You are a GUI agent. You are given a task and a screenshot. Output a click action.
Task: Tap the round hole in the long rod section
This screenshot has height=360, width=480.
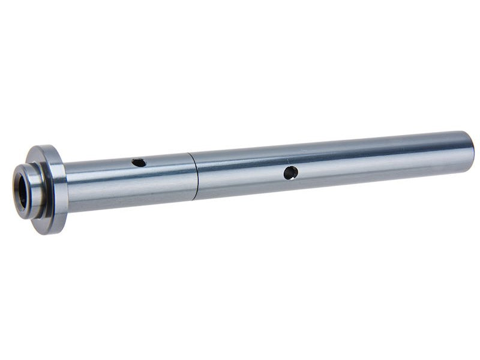click(290, 173)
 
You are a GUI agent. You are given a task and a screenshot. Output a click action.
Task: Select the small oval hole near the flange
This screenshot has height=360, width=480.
click(139, 163)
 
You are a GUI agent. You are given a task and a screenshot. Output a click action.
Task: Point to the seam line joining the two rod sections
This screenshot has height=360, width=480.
click(196, 176)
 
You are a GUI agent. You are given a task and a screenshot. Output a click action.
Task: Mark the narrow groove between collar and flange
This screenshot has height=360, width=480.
click(43, 191)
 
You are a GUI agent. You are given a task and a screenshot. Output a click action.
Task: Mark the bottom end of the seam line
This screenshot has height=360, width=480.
click(197, 199)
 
